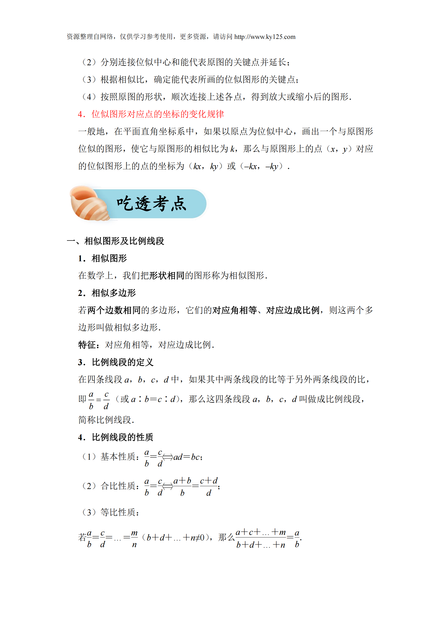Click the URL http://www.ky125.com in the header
[x=265, y=37]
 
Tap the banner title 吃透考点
[x=152, y=203]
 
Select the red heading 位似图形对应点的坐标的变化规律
[x=158, y=114]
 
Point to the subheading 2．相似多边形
[x=107, y=293]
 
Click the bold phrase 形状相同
[x=167, y=276]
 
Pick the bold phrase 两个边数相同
[x=114, y=310]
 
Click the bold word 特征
[x=87, y=345]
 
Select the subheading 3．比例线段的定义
[x=116, y=362]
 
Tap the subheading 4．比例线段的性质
[x=116, y=437]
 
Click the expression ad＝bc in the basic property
[x=187, y=457]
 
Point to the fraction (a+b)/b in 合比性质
[x=182, y=487]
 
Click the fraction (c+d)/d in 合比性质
[x=209, y=487]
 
